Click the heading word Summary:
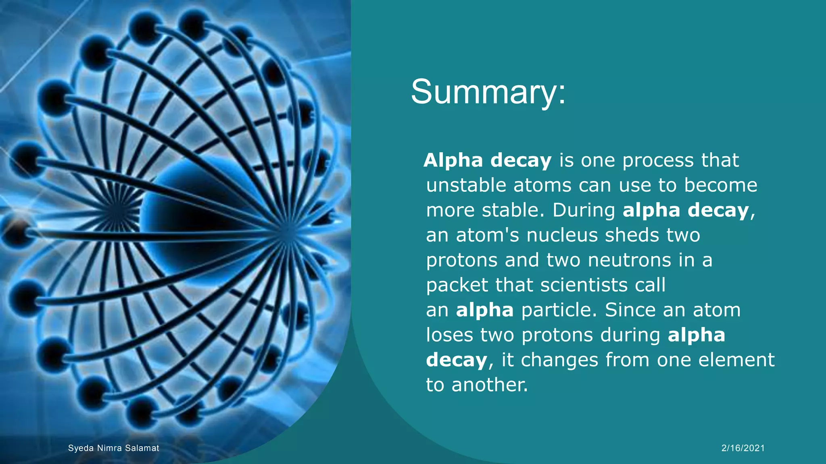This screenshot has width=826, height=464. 488,92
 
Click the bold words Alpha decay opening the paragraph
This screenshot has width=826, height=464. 487,160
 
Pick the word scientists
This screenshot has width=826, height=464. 584,285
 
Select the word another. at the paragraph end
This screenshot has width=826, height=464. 489,385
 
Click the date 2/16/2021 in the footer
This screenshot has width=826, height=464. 743,448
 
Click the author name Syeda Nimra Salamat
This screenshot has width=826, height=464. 113,448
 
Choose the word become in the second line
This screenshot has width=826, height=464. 720,185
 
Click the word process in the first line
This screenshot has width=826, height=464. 658,161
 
